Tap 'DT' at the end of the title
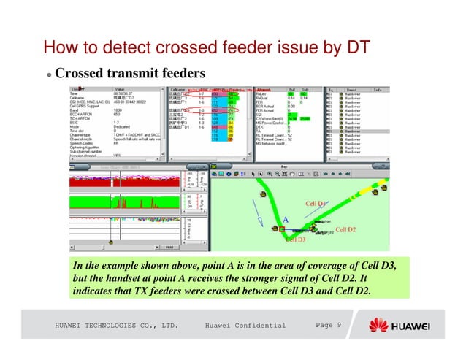(x=358, y=48)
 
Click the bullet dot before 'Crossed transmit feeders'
(x=48, y=75)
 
